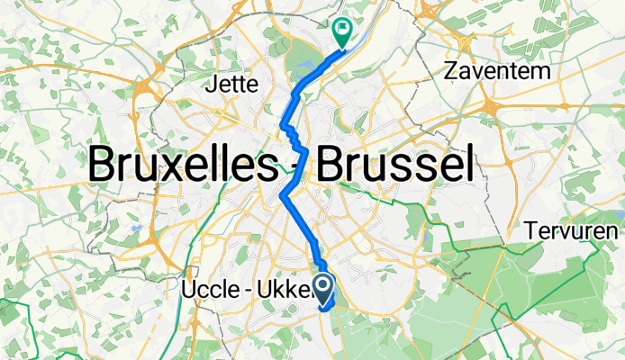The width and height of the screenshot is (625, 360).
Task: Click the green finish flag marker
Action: (x=343, y=33)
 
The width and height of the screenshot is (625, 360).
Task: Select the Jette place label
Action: (x=233, y=85)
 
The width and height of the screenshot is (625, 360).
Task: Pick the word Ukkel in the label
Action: (x=287, y=289)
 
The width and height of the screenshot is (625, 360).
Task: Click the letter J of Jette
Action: (x=213, y=85)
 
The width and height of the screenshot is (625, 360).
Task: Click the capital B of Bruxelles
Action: (x=101, y=166)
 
